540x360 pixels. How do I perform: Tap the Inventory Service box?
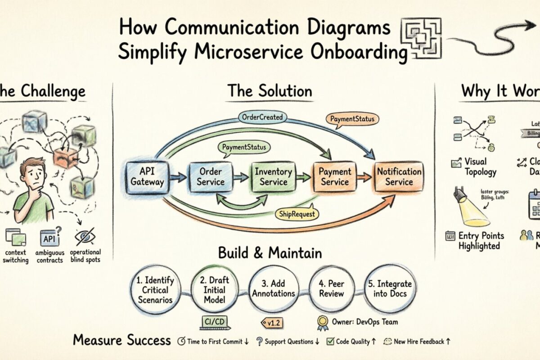[x=273, y=176]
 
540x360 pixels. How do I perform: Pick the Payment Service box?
[x=334, y=176]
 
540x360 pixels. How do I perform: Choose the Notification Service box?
[x=399, y=176]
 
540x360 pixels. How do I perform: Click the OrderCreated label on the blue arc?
[x=262, y=117]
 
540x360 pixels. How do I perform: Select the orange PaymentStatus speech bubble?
[x=351, y=120]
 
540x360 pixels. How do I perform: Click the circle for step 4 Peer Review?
[x=331, y=288]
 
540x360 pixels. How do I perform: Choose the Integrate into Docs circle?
[x=390, y=288]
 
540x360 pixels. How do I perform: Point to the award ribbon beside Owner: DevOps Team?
[x=322, y=322]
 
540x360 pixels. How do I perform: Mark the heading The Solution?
[x=270, y=91]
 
